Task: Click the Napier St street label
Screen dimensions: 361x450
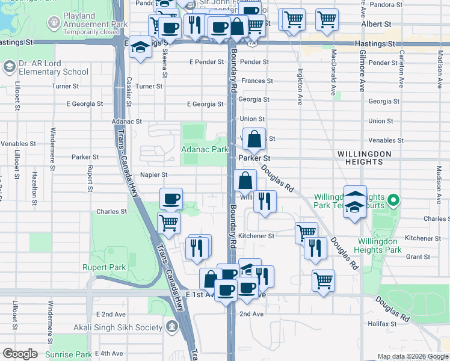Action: (153, 174)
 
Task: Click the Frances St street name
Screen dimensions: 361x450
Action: (257, 81)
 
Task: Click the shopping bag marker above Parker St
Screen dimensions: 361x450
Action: (255, 138)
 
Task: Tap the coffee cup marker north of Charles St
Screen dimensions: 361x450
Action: (171, 198)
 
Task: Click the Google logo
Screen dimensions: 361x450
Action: (20, 354)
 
